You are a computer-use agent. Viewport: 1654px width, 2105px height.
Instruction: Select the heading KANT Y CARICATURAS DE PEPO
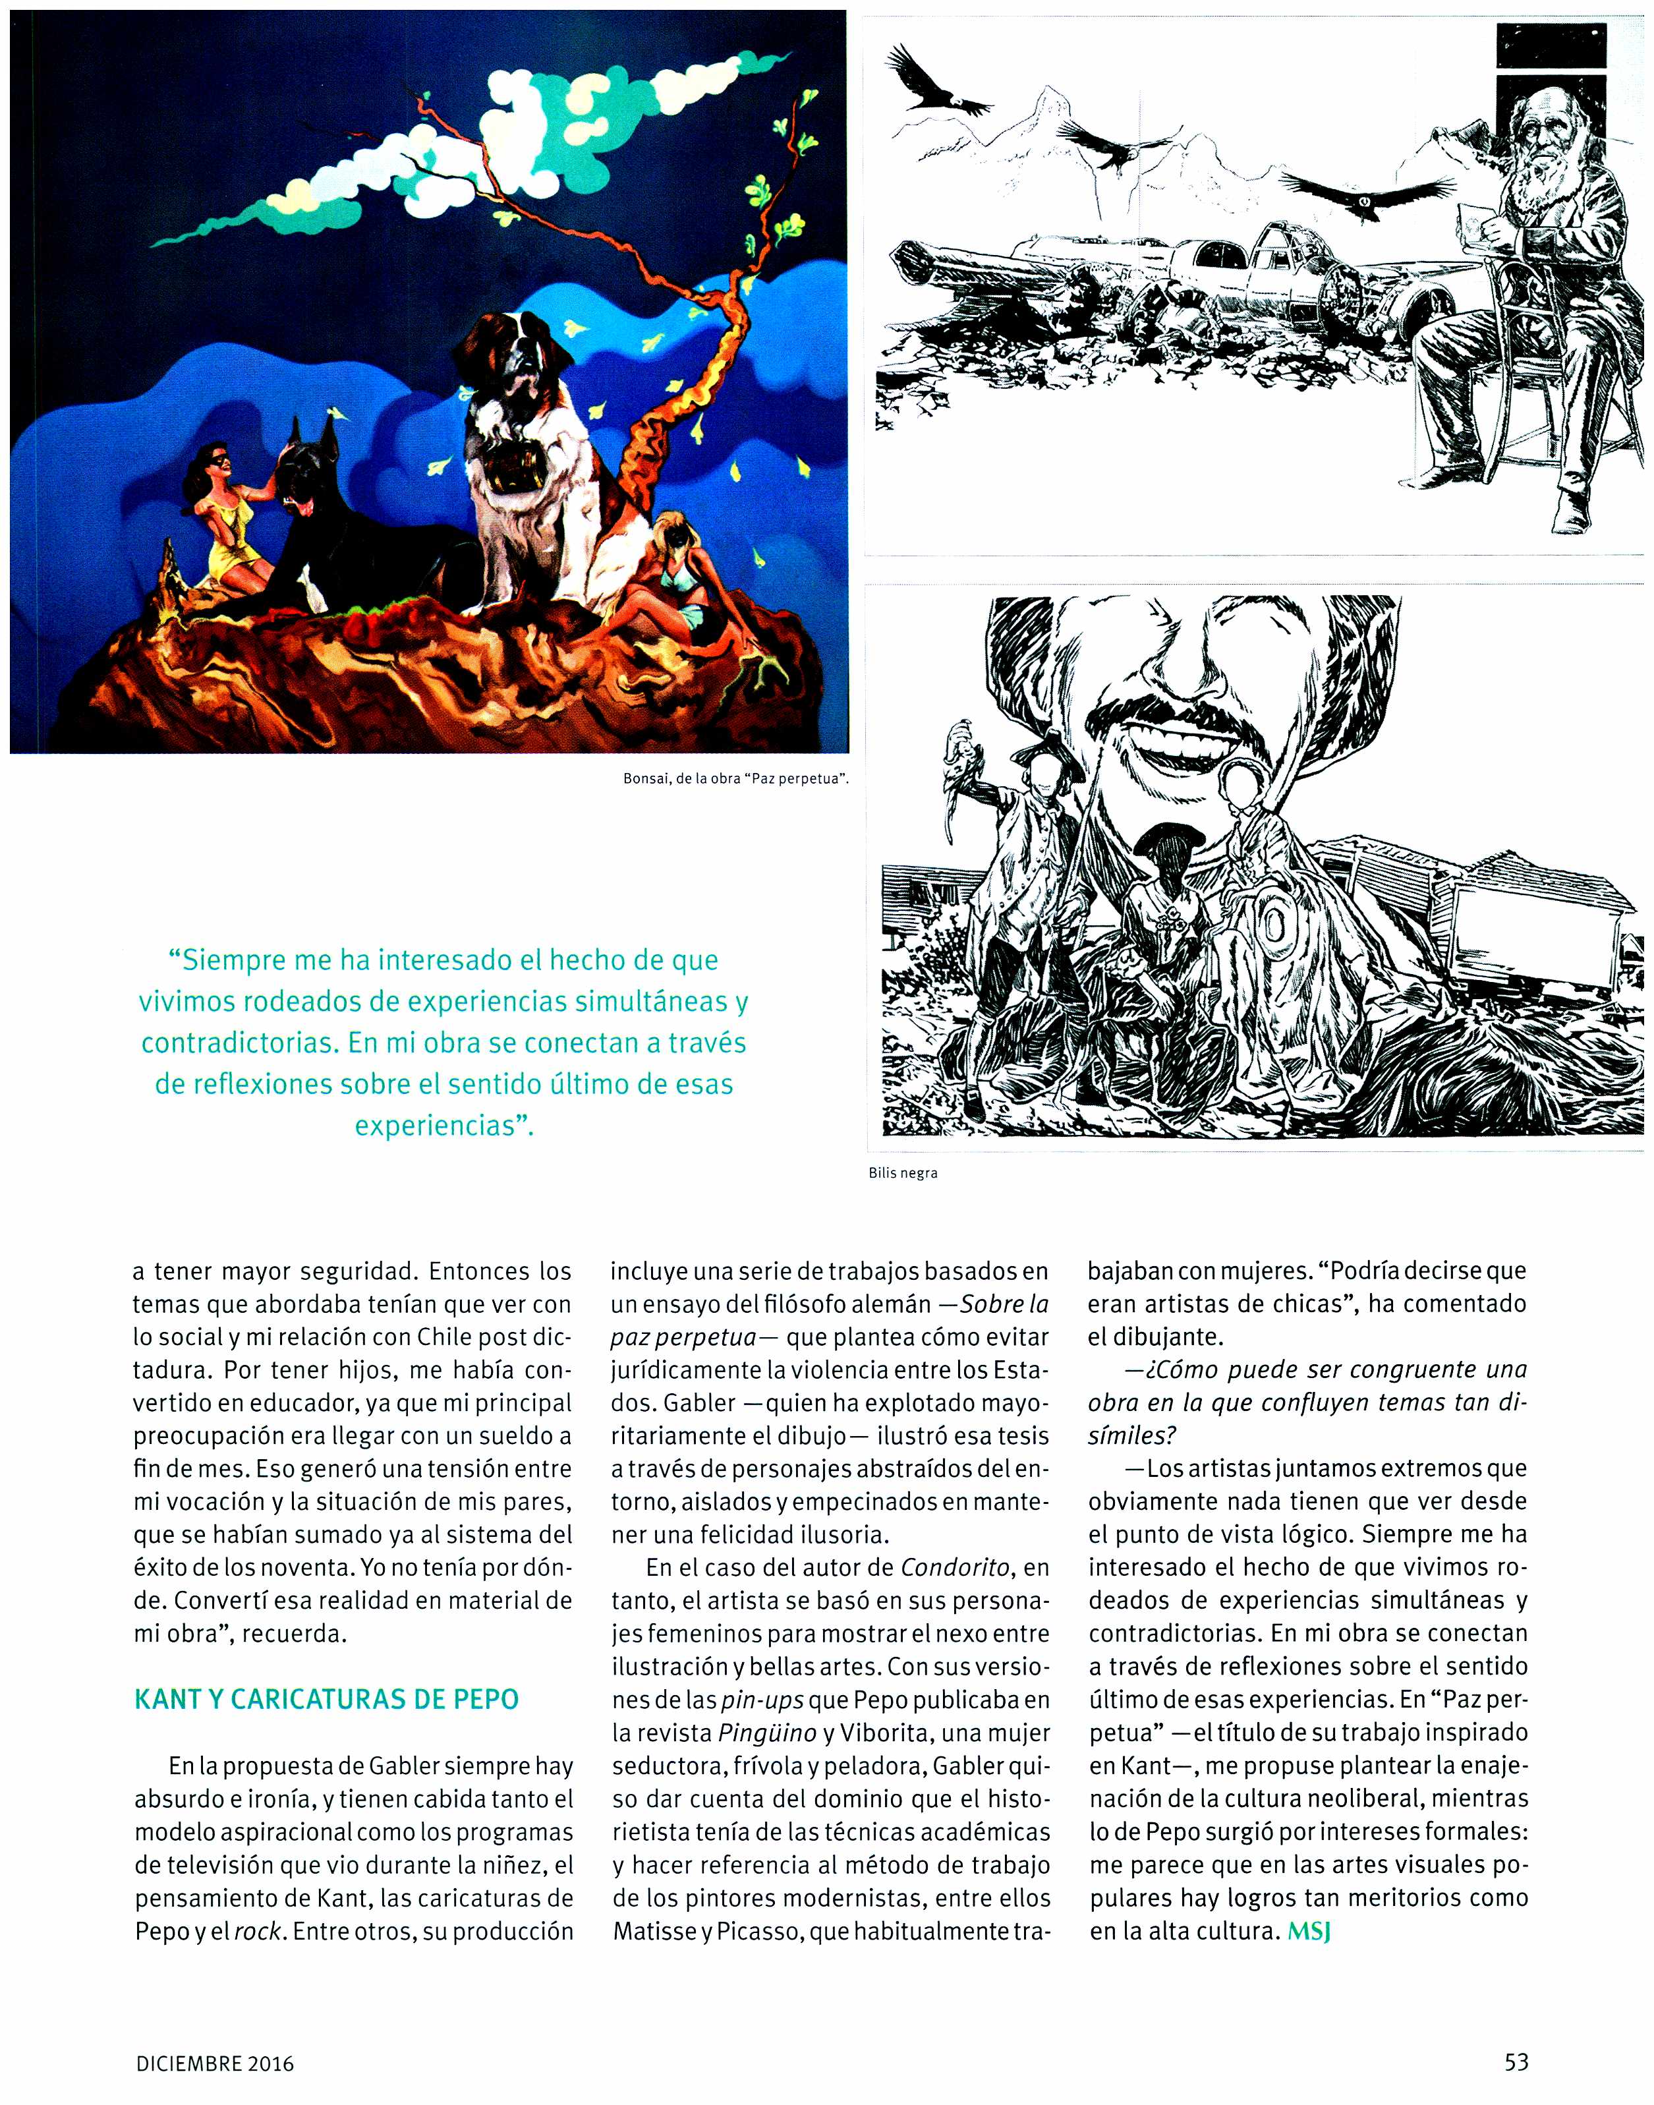coord(326,1698)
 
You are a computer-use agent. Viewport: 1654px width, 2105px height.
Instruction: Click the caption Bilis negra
coord(903,1172)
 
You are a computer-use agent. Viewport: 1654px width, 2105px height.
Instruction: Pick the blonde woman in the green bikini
coord(668,581)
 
